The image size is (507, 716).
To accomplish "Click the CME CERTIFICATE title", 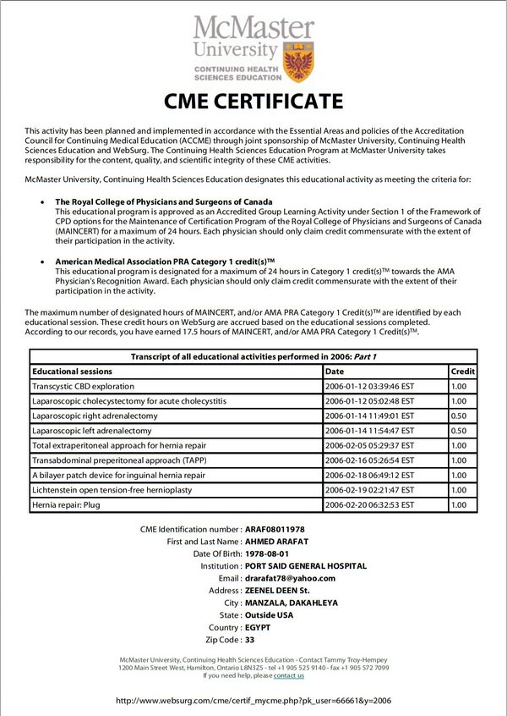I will (x=253, y=102).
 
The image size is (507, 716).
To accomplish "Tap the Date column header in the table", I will (x=335, y=371).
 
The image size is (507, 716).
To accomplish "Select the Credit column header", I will (x=462, y=371).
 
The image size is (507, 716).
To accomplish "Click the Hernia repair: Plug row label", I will (x=65, y=504).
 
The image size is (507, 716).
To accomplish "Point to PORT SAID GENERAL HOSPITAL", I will (x=305, y=565).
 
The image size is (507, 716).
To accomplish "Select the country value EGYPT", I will (x=258, y=627).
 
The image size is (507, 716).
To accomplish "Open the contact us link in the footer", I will (x=288, y=675).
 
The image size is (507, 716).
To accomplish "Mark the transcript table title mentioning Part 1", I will (x=253, y=356).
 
